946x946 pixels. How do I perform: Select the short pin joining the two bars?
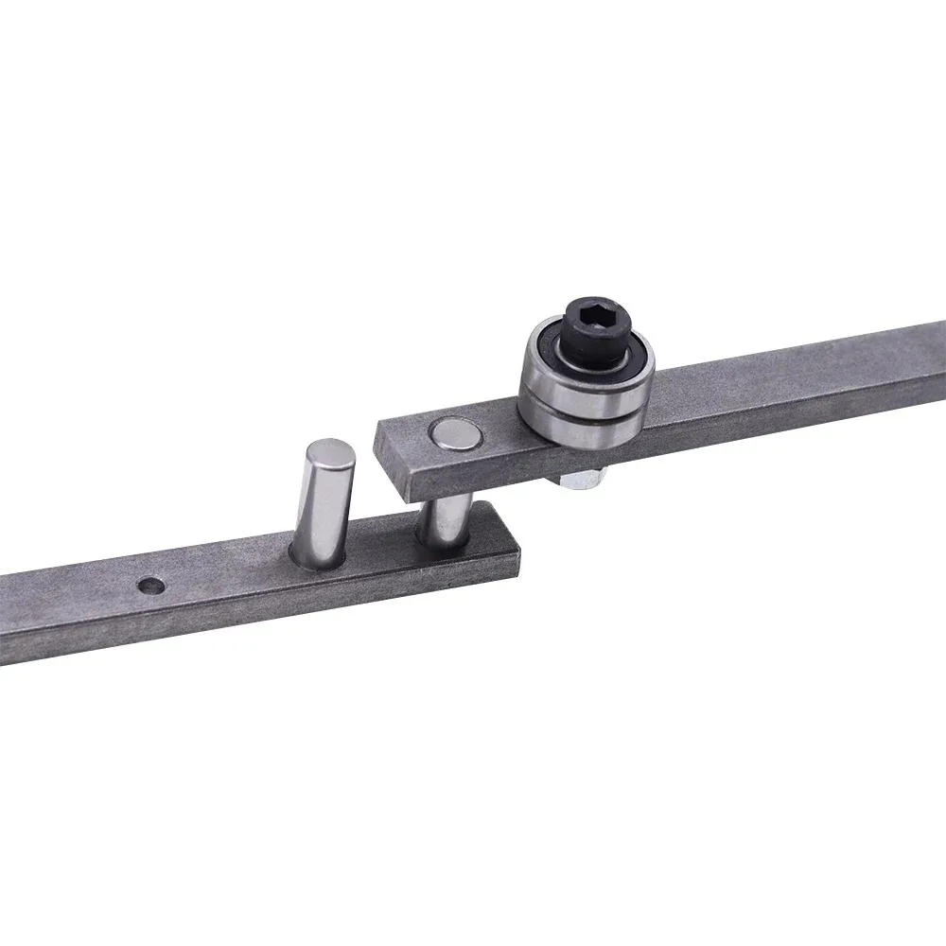tap(444, 520)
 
